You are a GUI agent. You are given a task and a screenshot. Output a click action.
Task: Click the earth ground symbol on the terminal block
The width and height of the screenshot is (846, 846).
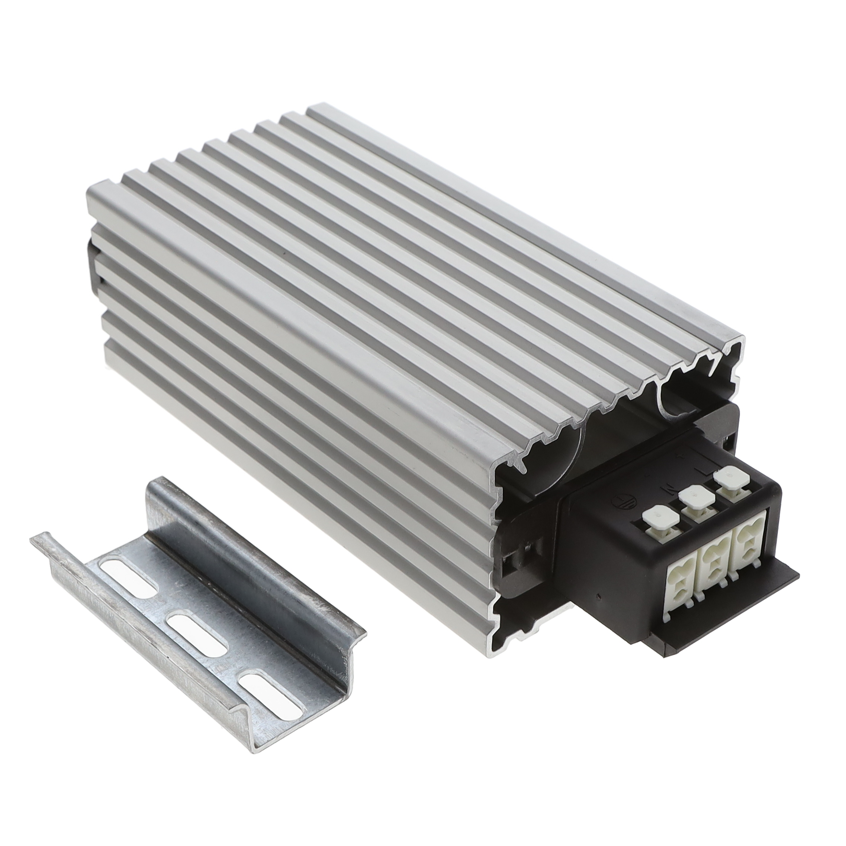(622, 500)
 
